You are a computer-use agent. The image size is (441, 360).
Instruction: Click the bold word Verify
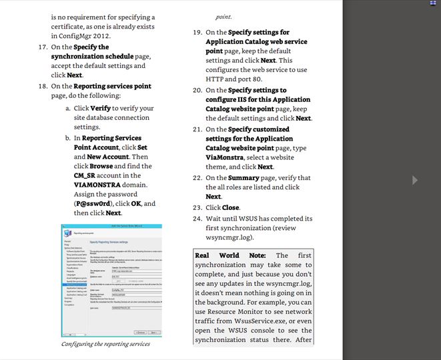point(101,108)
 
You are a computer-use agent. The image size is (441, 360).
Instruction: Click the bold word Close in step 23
point(231,208)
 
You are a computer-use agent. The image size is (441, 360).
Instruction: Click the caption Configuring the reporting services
point(106,344)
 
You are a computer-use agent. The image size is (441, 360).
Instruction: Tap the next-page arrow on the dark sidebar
point(414,180)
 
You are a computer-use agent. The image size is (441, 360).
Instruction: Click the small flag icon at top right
point(433,3)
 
